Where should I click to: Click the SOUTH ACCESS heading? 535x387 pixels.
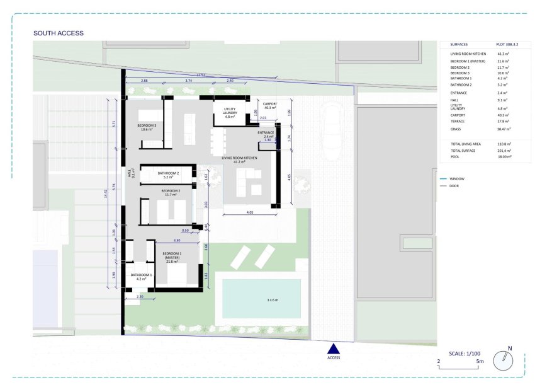click(58, 33)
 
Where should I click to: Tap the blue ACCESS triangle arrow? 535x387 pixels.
click(334, 349)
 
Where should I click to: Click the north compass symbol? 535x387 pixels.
click(504, 361)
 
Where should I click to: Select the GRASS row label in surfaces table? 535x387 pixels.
click(456, 129)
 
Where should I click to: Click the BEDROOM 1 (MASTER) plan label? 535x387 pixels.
click(172, 257)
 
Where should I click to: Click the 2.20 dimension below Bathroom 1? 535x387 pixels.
click(140, 296)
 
